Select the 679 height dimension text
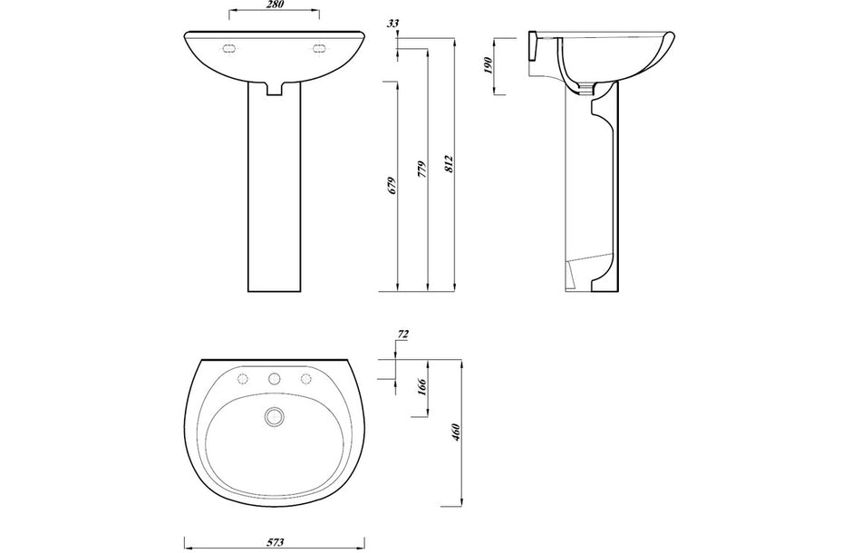click(x=392, y=187)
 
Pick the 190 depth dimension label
click(x=488, y=65)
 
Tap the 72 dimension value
click(x=402, y=335)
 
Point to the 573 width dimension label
click(x=276, y=542)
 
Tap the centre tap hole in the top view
click(x=273, y=378)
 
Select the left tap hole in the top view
click(x=241, y=378)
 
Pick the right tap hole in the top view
click(x=305, y=378)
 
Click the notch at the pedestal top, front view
click(x=275, y=89)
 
